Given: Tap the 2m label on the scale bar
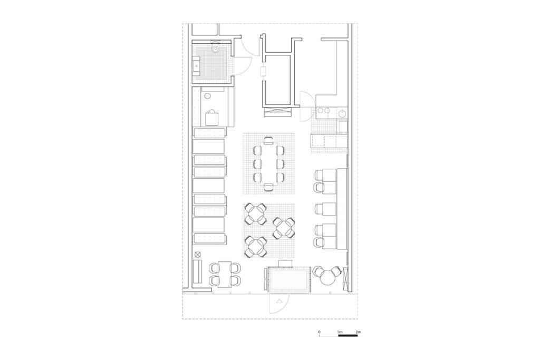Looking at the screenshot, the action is pyautogui.click(x=358, y=332).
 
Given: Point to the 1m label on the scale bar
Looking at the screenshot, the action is pyautogui.click(x=340, y=332).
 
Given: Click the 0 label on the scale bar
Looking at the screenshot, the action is pyautogui.click(x=319, y=332).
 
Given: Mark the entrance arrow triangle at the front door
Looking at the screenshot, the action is pyautogui.click(x=279, y=301).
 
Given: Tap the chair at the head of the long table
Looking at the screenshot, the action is pyautogui.click(x=268, y=140).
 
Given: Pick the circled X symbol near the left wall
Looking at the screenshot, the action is pyautogui.click(x=197, y=255).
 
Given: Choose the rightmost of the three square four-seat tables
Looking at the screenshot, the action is pyautogui.click(x=284, y=228).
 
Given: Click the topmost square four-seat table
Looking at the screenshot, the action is pyautogui.click(x=255, y=213).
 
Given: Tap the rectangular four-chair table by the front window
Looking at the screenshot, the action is pyautogui.click(x=225, y=274).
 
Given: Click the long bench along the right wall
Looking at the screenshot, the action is pyautogui.click(x=342, y=209).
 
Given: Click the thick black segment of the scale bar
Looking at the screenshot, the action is pyautogui.click(x=348, y=335).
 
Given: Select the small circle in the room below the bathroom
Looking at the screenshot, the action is pyautogui.click(x=208, y=96).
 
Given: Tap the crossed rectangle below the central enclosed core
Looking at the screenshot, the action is pyautogui.click(x=278, y=113).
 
